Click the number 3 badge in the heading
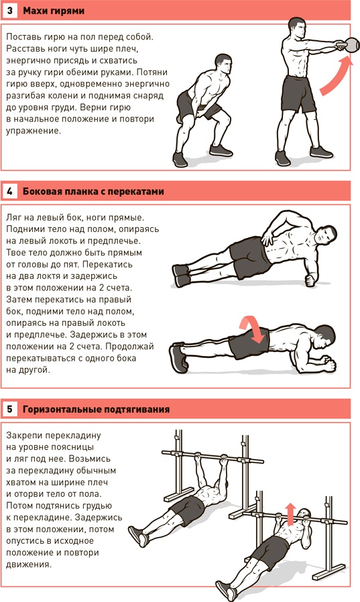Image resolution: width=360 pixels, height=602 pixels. (10, 10)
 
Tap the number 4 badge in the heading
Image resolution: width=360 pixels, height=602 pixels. (10, 191)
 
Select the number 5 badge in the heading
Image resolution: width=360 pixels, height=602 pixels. (10, 409)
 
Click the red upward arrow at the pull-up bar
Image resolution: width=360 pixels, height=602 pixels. (291, 514)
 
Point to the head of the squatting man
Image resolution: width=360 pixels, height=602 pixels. (223, 64)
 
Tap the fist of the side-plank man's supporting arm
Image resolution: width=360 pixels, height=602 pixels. (311, 279)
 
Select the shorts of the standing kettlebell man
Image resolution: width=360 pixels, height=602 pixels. (298, 93)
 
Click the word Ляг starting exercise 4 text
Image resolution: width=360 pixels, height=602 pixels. (13, 218)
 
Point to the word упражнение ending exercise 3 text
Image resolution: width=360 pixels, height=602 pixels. (33, 131)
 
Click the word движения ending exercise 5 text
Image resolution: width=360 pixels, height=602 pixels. (28, 564)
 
